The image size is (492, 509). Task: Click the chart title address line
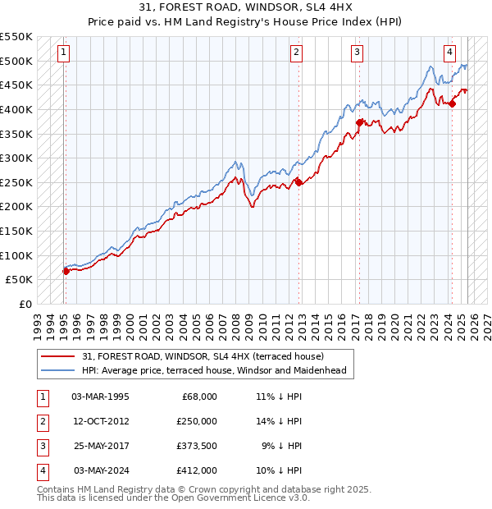(x=245, y=9)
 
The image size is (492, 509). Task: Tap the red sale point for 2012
(x=298, y=183)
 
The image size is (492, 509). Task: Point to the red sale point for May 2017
(x=359, y=122)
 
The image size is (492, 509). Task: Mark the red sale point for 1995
(x=66, y=271)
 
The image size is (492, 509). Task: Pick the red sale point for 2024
(x=452, y=103)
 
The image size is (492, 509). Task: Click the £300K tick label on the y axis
(x=16, y=158)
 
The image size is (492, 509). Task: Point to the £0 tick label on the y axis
(x=24, y=304)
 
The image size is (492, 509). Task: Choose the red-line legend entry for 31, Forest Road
(x=203, y=356)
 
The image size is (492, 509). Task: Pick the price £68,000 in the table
(x=199, y=396)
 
